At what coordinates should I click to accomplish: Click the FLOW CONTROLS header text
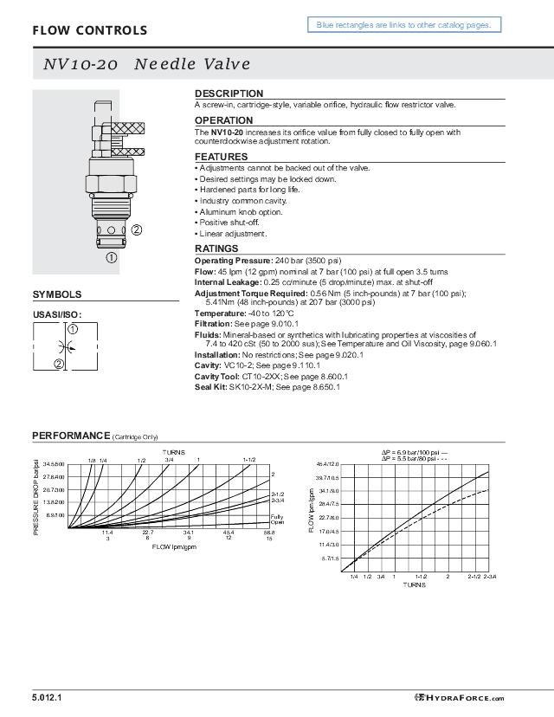click(89, 31)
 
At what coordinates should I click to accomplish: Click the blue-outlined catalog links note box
click(403, 25)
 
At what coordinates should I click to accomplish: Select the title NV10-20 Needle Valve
click(146, 64)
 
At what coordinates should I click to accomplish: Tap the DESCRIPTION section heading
click(229, 94)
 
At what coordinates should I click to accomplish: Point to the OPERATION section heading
click(223, 120)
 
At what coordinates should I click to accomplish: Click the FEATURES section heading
click(221, 157)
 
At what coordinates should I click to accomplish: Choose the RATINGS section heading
click(216, 249)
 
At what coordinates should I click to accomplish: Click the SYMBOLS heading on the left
click(57, 294)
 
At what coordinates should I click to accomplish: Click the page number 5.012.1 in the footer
click(48, 698)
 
